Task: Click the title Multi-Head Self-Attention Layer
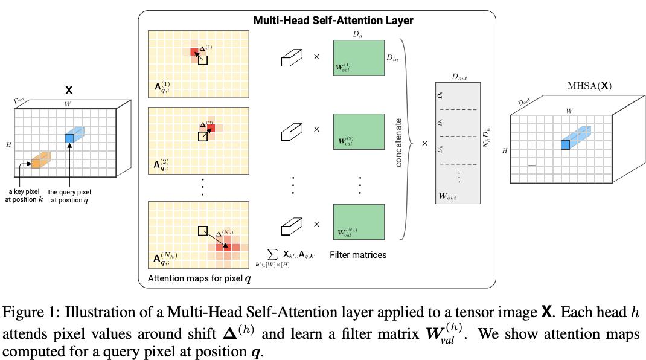(x=333, y=21)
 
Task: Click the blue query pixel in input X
(x=69, y=139)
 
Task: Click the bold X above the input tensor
(x=69, y=90)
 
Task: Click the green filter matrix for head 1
(x=359, y=58)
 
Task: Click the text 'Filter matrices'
(x=358, y=255)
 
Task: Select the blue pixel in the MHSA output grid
(x=565, y=144)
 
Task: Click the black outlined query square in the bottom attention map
(x=203, y=231)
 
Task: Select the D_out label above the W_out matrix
(x=459, y=78)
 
